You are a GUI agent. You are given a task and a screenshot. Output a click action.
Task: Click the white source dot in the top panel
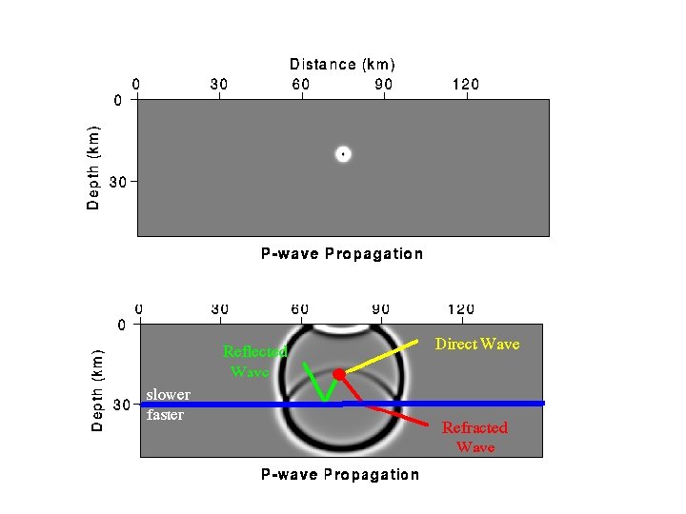click(343, 153)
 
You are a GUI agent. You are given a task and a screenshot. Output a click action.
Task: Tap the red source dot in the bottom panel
click(338, 374)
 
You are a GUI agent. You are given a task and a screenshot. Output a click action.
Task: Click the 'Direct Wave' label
click(477, 344)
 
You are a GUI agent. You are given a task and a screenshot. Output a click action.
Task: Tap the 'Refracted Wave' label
click(474, 437)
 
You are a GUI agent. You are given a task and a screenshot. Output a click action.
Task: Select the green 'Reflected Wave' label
click(253, 361)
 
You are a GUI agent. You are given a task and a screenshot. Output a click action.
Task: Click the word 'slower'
click(168, 394)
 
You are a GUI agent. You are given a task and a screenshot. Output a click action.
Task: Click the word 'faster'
click(165, 414)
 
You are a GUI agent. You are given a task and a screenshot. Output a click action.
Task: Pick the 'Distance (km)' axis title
click(342, 65)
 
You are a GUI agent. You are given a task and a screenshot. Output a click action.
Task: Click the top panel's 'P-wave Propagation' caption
click(342, 253)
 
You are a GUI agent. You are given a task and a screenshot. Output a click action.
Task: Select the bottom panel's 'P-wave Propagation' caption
click(340, 474)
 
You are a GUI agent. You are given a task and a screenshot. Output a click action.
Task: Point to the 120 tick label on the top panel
click(465, 85)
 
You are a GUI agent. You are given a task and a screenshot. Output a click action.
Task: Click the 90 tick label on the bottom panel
click(380, 309)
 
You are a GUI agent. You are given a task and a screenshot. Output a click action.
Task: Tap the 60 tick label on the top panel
click(301, 85)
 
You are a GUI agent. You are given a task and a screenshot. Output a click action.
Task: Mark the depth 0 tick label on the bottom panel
click(121, 326)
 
